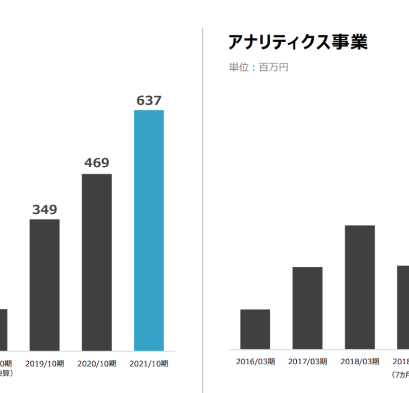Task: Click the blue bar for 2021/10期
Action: pyautogui.click(x=149, y=230)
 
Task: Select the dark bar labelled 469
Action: pyautogui.click(x=97, y=262)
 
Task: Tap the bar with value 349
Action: pyautogui.click(x=44, y=285)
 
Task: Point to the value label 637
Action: pyautogui.click(x=149, y=101)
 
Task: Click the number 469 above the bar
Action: pyautogui.click(x=97, y=163)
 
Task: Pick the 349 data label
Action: pyautogui.click(x=44, y=210)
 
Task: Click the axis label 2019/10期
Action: pyautogui.click(x=44, y=364)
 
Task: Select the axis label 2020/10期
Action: pyautogui.click(x=97, y=364)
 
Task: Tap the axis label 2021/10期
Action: pyautogui.click(x=149, y=364)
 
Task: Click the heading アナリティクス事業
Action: pyautogui.click(x=298, y=42)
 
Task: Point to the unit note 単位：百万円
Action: pyautogui.click(x=259, y=68)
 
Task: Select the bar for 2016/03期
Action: pyautogui.click(x=255, y=329)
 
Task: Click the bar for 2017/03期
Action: pyautogui.click(x=307, y=308)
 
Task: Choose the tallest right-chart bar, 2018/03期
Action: pyautogui.click(x=360, y=287)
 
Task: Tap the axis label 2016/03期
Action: pyautogui.click(x=255, y=361)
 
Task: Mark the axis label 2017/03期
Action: pyautogui.click(x=307, y=361)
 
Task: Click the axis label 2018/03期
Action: pyautogui.click(x=360, y=361)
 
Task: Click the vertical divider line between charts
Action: pyautogui.click(x=203, y=210)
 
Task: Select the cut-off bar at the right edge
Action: pyautogui.click(x=403, y=307)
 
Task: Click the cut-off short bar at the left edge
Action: pyautogui.click(x=3, y=330)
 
